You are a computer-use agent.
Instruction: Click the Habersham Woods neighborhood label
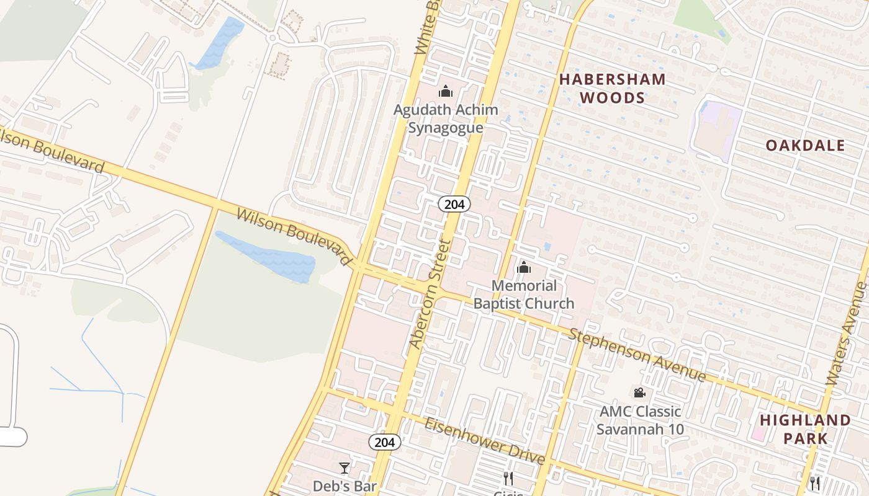(613, 89)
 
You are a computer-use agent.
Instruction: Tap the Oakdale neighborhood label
(805, 146)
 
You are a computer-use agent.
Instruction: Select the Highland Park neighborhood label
(805, 429)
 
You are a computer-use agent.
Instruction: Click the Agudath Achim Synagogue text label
(446, 118)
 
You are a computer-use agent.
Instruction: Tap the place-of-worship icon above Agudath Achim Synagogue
(446, 92)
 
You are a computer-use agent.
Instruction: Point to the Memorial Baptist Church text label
(524, 294)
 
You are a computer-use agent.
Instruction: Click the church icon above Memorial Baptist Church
(524, 267)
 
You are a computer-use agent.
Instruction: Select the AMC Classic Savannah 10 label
(640, 420)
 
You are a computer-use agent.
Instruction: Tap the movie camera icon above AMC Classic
(639, 392)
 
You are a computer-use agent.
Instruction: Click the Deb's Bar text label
(344, 486)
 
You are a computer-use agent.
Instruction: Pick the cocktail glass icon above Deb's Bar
(344, 467)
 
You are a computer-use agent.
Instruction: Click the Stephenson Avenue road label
(638, 355)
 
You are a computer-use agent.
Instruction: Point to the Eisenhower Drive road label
(485, 441)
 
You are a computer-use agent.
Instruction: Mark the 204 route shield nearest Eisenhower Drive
(384, 442)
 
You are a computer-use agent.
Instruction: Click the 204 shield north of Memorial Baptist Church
(454, 204)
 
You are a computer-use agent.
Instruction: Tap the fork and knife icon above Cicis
(508, 479)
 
